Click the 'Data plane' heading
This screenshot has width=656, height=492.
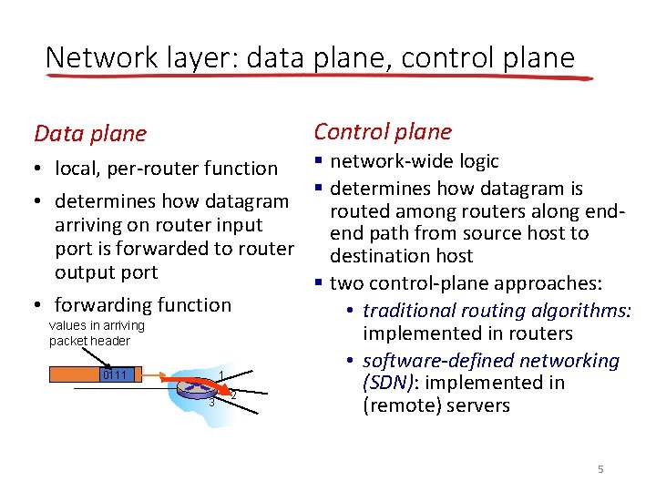[89, 134]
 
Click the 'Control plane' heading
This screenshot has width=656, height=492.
[383, 131]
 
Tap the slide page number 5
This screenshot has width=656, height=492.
[600, 469]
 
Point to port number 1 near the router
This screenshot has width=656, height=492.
[220, 376]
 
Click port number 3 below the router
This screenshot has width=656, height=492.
[211, 402]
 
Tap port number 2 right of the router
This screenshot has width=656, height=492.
[233, 395]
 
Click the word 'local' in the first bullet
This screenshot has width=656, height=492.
[77, 169]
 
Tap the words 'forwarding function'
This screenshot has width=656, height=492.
[143, 305]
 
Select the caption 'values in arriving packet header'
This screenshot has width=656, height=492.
[96, 333]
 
